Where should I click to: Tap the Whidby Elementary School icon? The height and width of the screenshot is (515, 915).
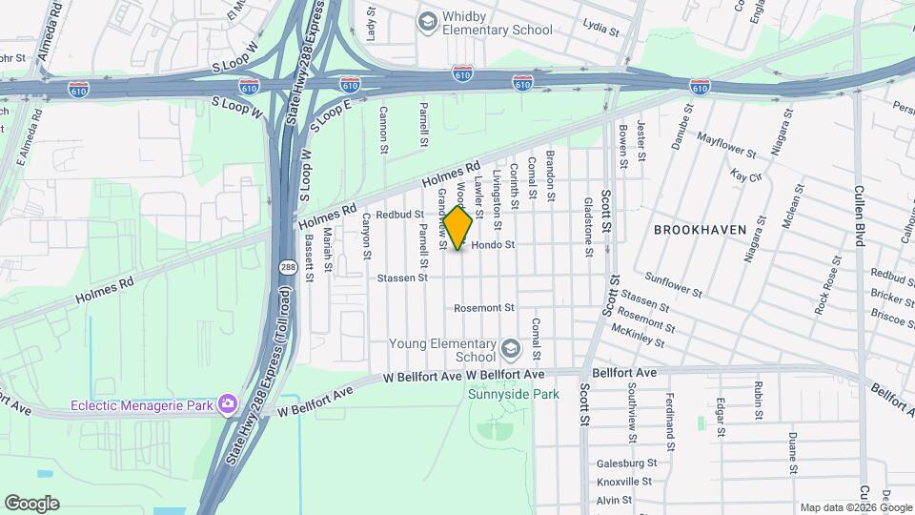428,21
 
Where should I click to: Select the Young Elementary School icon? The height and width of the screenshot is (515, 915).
511,348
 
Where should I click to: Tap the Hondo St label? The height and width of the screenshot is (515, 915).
493,245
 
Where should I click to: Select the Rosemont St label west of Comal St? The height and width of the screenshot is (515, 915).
483,308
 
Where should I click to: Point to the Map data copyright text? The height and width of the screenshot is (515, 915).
855,507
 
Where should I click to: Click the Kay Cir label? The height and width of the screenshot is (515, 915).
746,175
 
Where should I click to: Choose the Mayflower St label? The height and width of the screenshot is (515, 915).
726,145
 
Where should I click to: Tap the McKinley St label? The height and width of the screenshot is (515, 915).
638,335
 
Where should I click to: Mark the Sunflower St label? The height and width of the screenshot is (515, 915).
673,284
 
